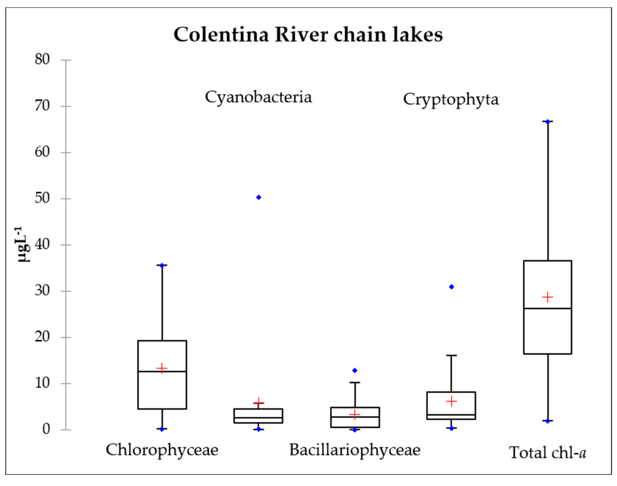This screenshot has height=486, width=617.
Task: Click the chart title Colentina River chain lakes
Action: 308,35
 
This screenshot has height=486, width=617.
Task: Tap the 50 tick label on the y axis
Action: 42,198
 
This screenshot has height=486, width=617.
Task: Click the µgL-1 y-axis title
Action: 23,244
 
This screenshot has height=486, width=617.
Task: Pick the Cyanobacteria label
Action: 258,97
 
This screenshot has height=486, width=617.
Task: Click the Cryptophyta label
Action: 451,100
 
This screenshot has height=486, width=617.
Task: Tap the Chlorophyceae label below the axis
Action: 162,450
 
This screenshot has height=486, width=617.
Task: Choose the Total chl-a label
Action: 548,452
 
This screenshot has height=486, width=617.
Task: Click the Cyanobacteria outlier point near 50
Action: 259,198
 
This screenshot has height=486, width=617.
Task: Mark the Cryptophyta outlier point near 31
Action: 451,287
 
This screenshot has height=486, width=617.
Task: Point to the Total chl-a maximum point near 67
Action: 548,122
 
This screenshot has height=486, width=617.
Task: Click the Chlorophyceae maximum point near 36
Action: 162,266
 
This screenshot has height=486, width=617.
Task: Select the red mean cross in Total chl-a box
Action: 548,297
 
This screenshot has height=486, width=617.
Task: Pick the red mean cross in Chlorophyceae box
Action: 162,368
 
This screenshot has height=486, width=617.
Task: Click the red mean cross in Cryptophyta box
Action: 451,401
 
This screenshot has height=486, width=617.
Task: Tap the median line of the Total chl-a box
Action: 548,308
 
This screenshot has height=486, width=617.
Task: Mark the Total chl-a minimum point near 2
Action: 548,421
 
